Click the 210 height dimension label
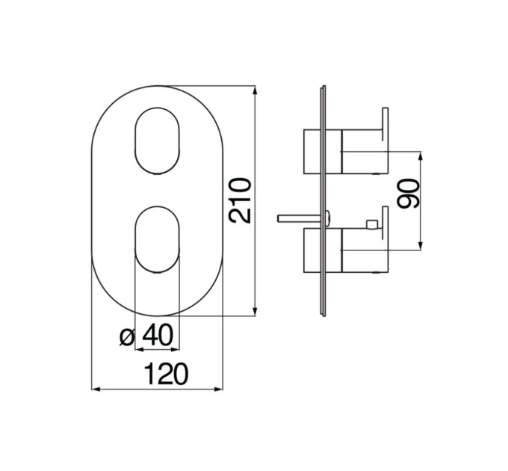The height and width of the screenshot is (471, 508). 240,200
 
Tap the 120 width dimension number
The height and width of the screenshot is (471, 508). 166,374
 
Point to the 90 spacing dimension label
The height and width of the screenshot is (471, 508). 408,194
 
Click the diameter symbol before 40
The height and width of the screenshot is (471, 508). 127,337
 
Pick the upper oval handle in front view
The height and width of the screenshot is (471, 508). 157,141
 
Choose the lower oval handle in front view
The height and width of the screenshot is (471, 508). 157,239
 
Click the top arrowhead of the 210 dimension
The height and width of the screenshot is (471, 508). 255,90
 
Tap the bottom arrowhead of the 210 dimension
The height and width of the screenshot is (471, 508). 255,311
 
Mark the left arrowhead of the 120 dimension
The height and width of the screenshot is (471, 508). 96,389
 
